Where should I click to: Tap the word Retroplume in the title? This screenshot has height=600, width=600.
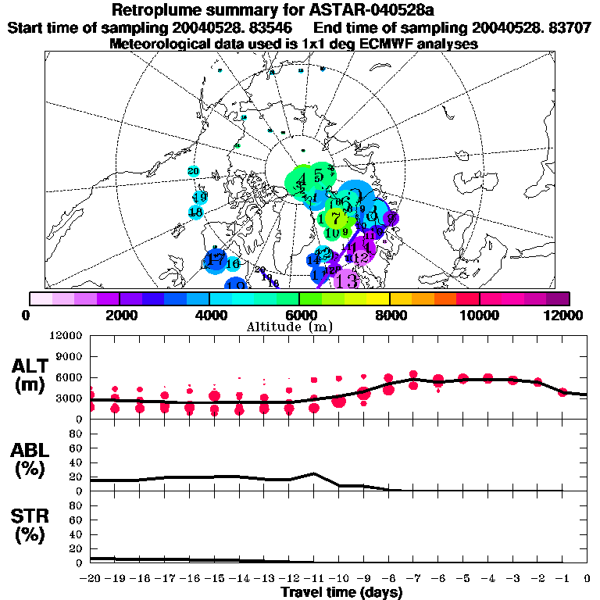coord(152,11)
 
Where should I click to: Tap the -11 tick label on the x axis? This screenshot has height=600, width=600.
coord(312,578)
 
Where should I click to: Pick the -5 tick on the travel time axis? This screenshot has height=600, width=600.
coord(462,578)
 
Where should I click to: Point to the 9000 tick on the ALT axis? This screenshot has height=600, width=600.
coord(69,356)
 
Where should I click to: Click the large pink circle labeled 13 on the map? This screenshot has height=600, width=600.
coord(346,279)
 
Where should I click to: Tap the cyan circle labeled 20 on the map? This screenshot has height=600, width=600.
coord(194,171)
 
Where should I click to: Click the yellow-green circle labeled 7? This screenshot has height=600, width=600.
coord(336,217)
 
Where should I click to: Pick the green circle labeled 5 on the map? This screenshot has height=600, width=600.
coord(320,175)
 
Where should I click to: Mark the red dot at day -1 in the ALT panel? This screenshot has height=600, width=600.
coord(562,392)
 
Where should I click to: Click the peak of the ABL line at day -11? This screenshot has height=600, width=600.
coord(313,473)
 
